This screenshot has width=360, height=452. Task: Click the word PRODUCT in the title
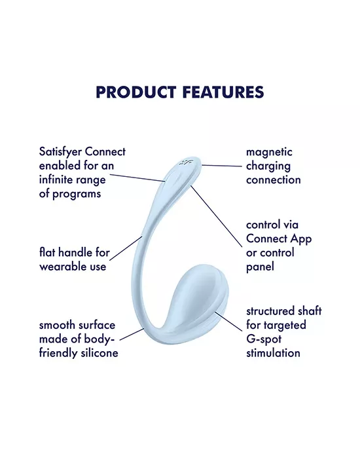[134, 92]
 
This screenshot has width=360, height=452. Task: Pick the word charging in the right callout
[268, 166]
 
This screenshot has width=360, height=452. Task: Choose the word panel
[261, 266]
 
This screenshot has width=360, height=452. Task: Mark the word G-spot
[265, 339]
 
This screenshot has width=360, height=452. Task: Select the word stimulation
[273, 353]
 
